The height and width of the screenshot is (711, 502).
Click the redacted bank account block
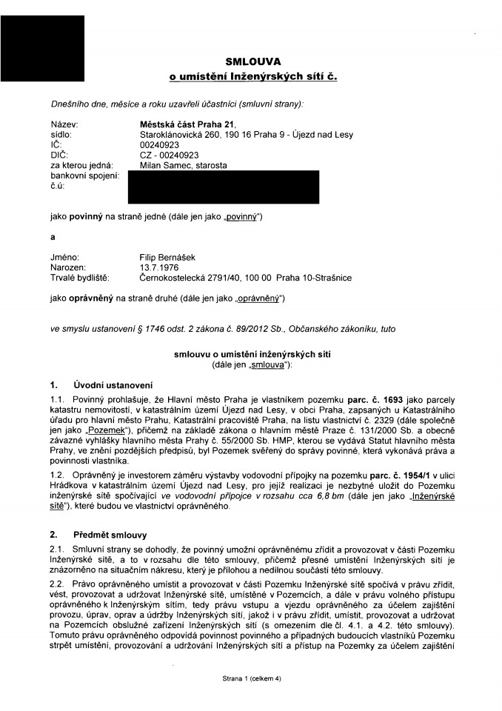pos(223,187)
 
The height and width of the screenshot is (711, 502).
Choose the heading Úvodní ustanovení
pos(112,385)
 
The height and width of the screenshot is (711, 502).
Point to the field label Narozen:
pos(68,267)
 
